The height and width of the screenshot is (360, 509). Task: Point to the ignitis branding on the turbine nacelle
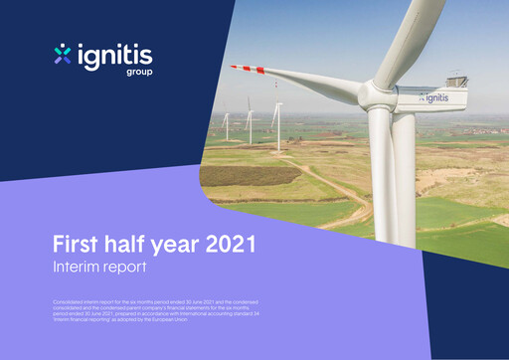click(433, 97)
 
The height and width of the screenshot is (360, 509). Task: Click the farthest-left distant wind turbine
click(226, 123)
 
